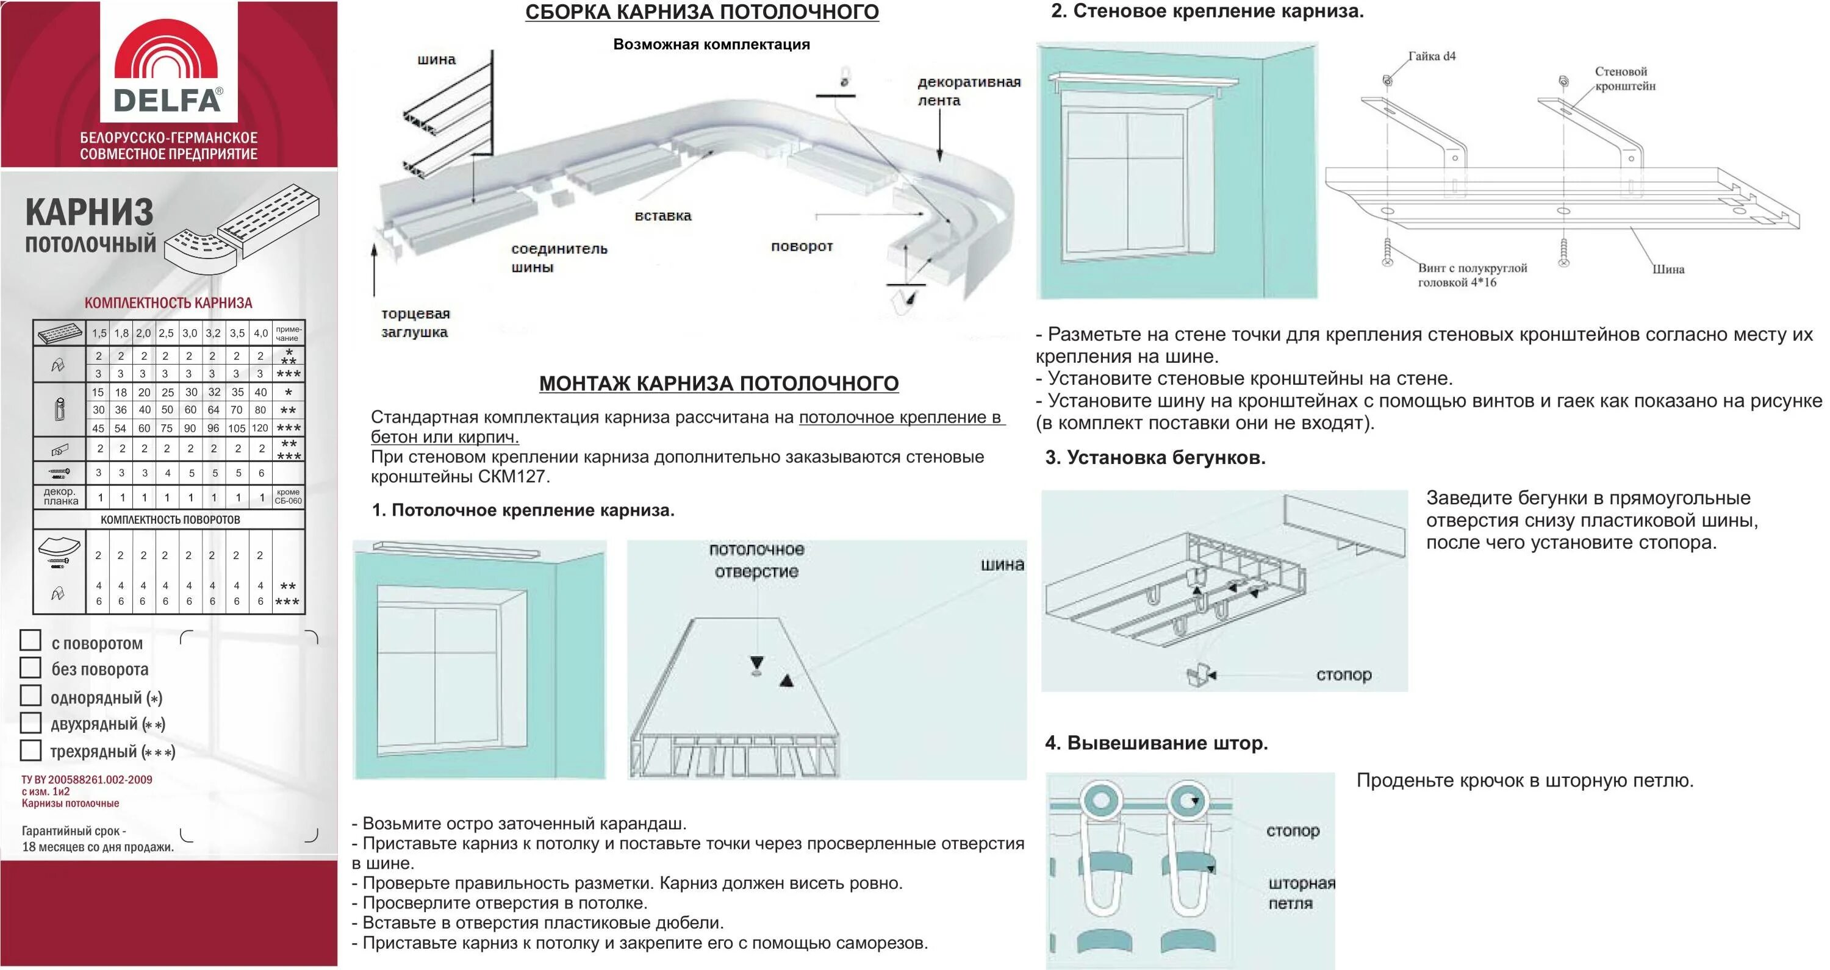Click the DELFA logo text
click(x=168, y=100)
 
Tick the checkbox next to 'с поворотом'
click(x=30, y=641)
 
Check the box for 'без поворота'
click(x=30, y=668)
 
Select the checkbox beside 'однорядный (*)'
click(x=30, y=695)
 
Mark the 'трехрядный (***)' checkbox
click(x=30, y=750)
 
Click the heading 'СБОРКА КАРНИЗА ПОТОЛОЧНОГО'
click(x=702, y=12)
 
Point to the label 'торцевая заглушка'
click(x=415, y=323)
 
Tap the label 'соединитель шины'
click(x=559, y=258)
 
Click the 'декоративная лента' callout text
click(x=968, y=91)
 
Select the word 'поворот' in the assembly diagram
click(x=802, y=246)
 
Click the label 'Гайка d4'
click(x=1432, y=56)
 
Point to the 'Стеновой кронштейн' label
click(x=1624, y=79)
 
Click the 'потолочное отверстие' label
click(x=756, y=560)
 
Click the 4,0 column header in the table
click(x=260, y=333)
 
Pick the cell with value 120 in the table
click(x=260, y=428)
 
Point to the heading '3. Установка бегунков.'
click(x=1155, y=458)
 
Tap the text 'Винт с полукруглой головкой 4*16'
click(x=1472, y=276)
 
